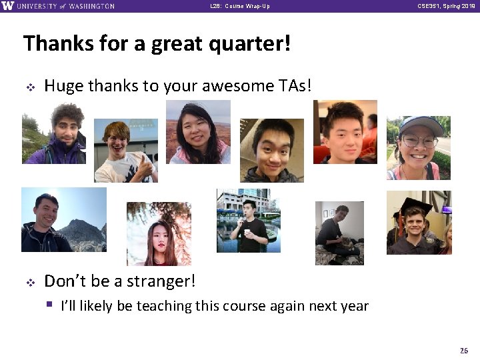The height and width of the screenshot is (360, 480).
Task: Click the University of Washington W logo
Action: coord(7,6)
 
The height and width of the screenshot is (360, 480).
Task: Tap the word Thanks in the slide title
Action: coord(54,45)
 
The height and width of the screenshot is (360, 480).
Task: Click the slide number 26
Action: coord(464,351)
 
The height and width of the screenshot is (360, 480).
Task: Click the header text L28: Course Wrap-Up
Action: coord(239,6)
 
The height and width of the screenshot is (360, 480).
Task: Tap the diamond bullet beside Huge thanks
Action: coord(29,87)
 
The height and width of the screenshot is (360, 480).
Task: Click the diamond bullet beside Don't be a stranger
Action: coord(29,282)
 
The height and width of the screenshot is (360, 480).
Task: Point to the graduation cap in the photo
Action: coord(414,203)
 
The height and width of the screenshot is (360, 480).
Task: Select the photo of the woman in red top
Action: coord(159,234)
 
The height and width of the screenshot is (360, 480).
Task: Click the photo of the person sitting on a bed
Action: coord(339,233)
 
